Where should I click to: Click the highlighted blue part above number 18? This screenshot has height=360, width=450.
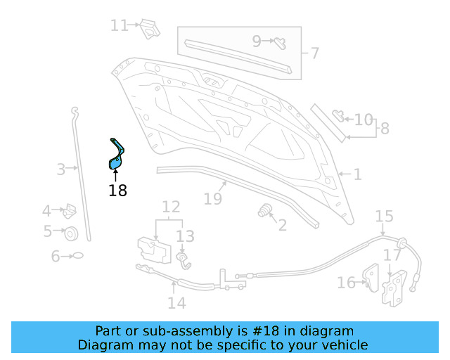[x=116, y=155]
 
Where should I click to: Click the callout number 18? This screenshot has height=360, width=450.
[x=118, y=190]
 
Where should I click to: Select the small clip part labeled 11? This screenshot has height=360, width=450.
[x=148, y=28]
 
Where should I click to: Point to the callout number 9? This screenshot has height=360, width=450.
[x=257, y=41]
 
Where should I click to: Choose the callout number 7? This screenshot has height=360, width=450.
[x=314, y=53]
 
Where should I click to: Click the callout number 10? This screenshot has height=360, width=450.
[x=364, y=120]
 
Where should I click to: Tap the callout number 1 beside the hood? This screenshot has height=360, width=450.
[x=357, y=174]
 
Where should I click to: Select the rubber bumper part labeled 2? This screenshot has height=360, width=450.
[x=266, y=211]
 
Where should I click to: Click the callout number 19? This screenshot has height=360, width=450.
[x=213, y=199]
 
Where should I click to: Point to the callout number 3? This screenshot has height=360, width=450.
[x=61, y=169]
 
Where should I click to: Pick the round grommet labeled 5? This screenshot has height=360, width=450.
[x=70, y=233]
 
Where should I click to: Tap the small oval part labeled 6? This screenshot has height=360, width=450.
[x=77, y=256]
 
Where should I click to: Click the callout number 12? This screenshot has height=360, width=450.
[x=172, y=207]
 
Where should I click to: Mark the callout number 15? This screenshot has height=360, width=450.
[x=384, y=216]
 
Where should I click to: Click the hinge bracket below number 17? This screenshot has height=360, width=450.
[x=394, y=288]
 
